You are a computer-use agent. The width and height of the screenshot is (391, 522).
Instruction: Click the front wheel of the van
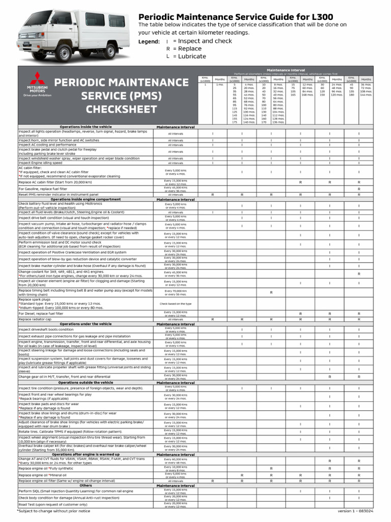pos(65,53)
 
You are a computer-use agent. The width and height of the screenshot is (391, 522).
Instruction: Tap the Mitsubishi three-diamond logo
pos(34,80)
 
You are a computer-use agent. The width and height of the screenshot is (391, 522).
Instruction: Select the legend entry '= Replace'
pos(187,49)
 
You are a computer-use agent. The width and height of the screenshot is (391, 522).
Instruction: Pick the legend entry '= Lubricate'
pos(189,57)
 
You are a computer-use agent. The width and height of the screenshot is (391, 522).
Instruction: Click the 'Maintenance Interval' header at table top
pos(286,70)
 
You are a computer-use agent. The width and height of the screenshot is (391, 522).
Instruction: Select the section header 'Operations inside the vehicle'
pos(86,126)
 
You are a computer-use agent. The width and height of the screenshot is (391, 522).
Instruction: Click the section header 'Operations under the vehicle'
pos(86,324)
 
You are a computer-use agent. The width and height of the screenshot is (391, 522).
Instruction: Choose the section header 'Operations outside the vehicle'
pos(86,382)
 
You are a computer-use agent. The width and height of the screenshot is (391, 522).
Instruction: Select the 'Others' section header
pos(86,485)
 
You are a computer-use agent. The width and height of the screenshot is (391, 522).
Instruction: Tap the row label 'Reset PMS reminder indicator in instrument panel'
pos(59,195)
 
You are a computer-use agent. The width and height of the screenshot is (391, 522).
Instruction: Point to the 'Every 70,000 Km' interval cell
pos(175,291)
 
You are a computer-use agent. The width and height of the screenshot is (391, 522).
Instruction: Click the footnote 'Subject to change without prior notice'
pos(53,510)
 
